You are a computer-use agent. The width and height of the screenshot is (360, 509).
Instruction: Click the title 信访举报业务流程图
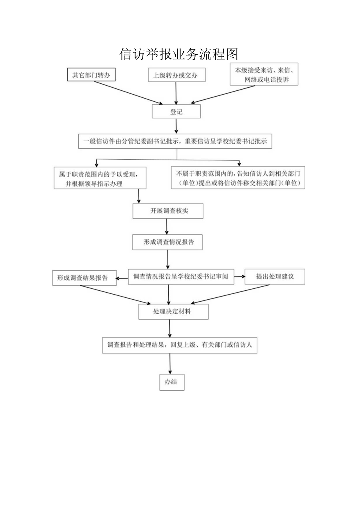(179, 54)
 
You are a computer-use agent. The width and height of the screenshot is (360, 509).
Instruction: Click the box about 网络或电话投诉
(264, 74)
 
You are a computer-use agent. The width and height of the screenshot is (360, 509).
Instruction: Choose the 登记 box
(176, 112)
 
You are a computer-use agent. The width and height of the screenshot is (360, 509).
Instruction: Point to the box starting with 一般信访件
(175, 141)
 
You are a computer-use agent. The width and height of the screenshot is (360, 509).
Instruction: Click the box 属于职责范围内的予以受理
(100, 178)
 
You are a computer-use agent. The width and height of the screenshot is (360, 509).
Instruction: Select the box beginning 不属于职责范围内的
(238, 178)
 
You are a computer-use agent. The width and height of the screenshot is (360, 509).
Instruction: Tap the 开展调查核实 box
(168, 211)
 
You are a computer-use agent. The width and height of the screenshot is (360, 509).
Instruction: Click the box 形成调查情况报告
(168, 242)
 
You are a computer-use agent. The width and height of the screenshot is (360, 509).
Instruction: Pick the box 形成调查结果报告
(85, 278)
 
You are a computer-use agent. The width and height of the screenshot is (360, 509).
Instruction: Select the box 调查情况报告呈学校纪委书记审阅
(181, 277)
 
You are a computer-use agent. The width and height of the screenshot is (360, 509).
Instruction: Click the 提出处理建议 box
(275, 277)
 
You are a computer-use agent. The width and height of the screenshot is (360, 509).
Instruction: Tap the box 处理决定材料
(173, 312)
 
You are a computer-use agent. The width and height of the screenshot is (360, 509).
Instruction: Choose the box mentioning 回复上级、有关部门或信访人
(180, 345)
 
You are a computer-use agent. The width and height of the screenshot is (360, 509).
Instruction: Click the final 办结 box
(171, 382)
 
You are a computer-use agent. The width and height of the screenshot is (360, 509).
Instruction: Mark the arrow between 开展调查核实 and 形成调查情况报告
(167, 226)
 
